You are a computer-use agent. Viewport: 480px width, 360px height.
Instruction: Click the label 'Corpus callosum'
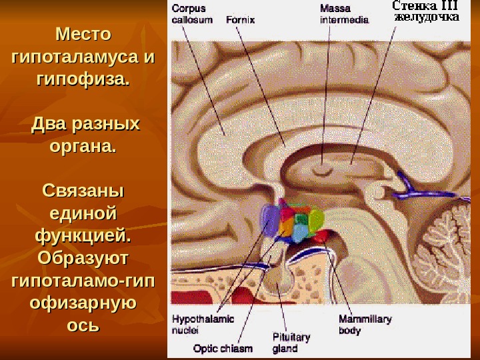pyautogui.click(x=192, y=14)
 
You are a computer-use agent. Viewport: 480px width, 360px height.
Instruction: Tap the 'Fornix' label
pyautogui.click(x=240, y=19)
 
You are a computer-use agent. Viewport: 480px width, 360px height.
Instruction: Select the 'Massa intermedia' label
pyautogui.click(x=344, y=14)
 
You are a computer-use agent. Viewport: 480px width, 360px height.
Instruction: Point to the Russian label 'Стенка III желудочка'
pyautogui.click(x=425, y=11)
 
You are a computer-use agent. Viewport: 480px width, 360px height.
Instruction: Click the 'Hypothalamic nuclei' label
pyautogui.click(x=203, y=323)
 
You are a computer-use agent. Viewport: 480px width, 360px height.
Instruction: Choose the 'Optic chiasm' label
pyautogui.click(x=222, y=347)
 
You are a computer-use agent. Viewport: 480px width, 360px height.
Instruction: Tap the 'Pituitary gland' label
pyautogui.click(x=291, y=342)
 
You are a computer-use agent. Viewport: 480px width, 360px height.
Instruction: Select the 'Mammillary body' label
pyautogui.click(x=365, y=325)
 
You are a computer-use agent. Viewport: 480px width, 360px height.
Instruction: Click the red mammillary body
pyautogui.click(x=321, y=235)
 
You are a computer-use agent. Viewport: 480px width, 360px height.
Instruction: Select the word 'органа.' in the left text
pyautogui.click(x=83, y=147)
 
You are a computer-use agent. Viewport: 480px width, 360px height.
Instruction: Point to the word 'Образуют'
pyautogui.click(x=83, y=258)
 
